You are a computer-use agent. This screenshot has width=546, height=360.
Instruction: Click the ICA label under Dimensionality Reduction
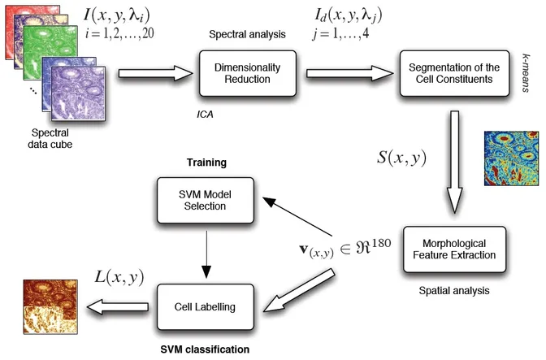pyautogui.click(x=205, y=116)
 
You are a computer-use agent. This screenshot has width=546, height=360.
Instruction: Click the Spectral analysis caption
pyautogui.click(x=245, y=37)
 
